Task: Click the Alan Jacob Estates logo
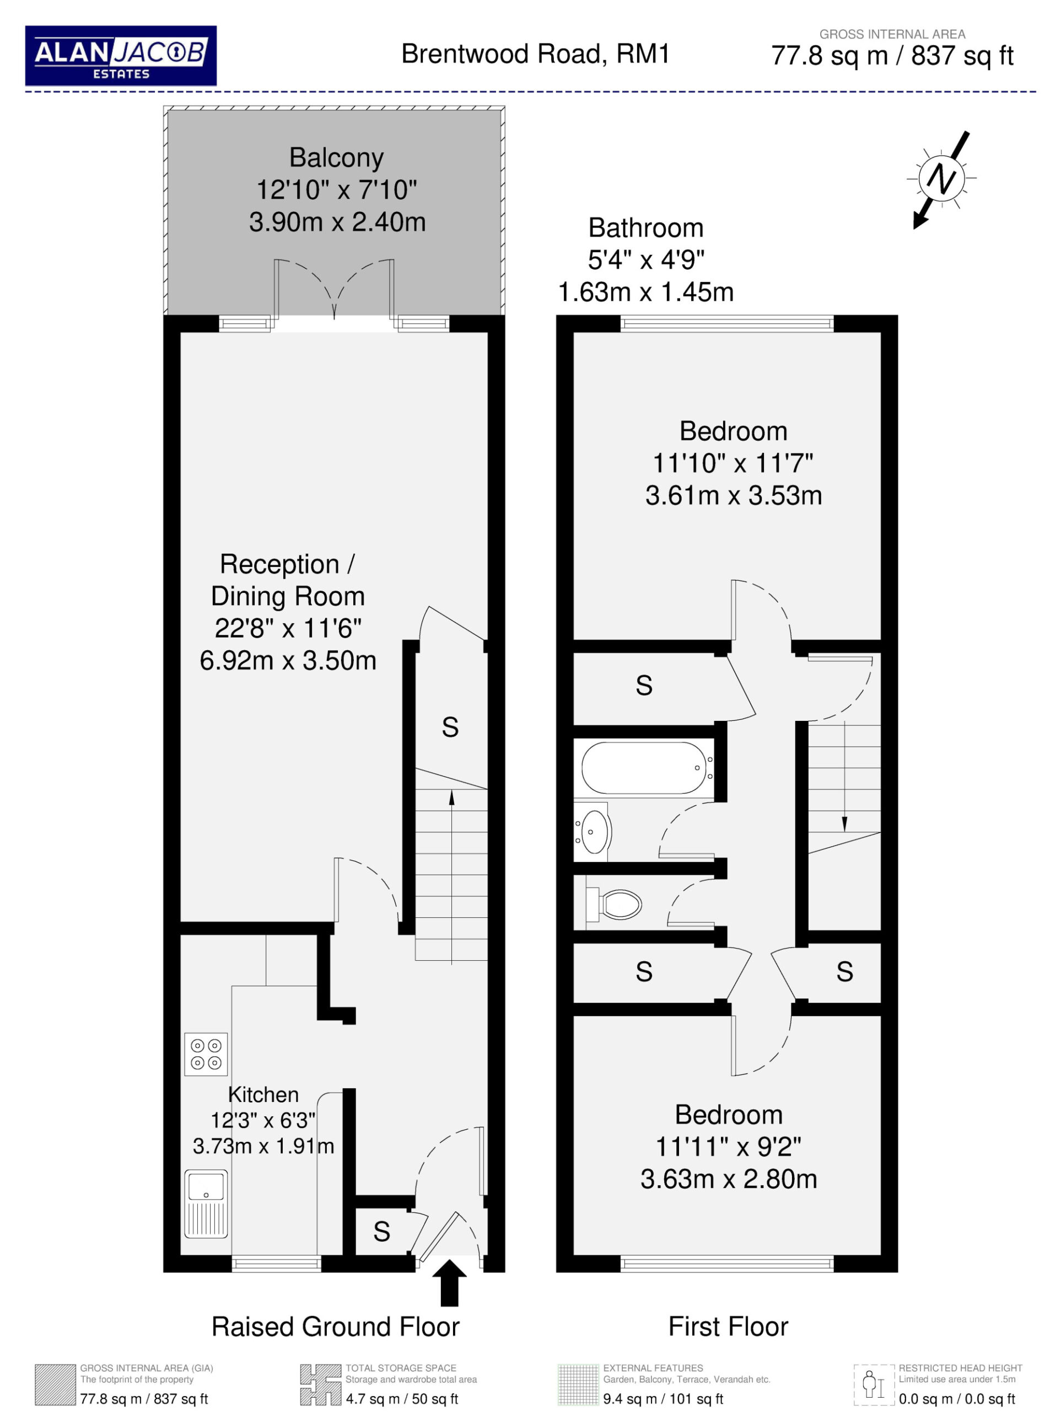point(121,56)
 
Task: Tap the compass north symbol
point(941,179)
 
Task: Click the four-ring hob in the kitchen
point(206,1054)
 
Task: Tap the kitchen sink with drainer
point(206,1204)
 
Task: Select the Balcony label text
point(336,158)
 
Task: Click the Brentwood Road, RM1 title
point(535,54)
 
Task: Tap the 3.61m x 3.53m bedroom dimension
point(734,495)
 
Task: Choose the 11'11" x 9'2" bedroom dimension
point(729,1147)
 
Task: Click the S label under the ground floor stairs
point(450,727)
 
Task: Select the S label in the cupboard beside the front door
point(381,1231)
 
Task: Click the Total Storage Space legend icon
point(320,1385)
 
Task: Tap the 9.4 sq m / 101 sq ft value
point(663,1399)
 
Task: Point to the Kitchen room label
point(263,1095)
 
